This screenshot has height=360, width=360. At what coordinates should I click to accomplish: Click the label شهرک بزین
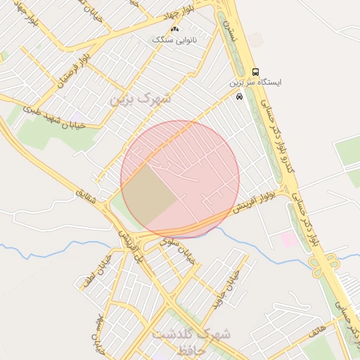140,99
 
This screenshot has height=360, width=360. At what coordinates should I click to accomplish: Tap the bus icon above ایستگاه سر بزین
255,72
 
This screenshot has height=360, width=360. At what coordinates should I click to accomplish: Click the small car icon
240,96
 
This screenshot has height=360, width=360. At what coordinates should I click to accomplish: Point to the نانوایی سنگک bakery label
175,40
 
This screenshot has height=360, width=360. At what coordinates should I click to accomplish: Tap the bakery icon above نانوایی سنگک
175,29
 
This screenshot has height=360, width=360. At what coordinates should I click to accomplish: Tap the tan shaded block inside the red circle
148,193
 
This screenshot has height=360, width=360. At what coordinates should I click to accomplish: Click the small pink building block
289,239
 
